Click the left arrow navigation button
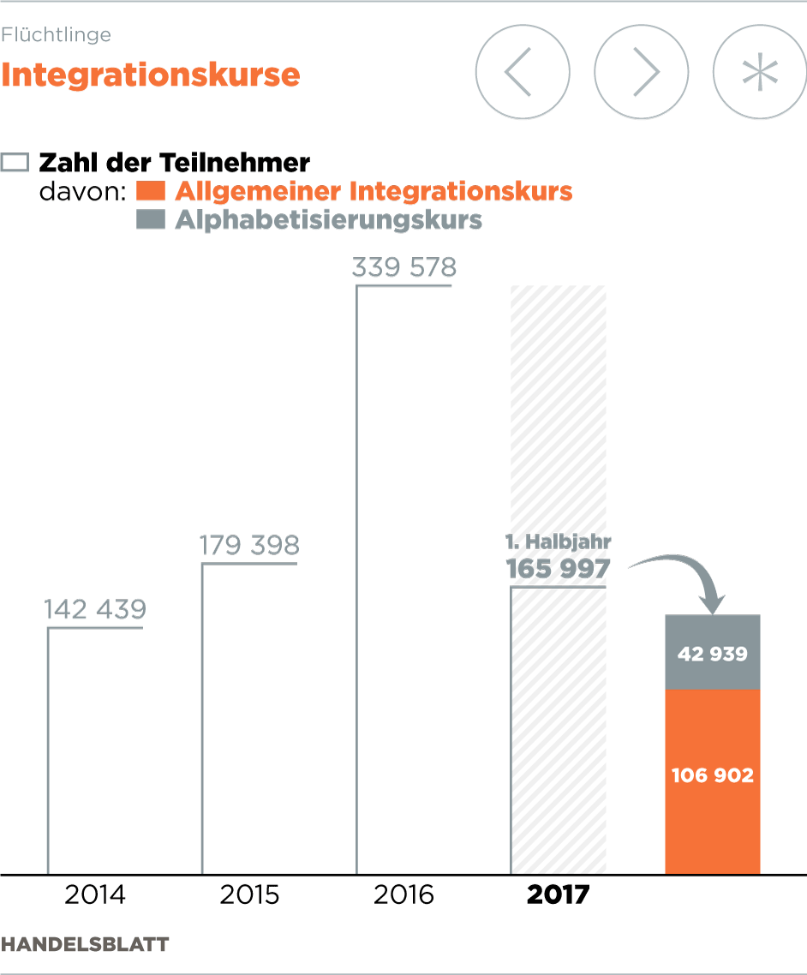click(x=522, y=72)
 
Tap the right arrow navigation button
click(x=641, y=72)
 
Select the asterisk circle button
click(x=759, y=72)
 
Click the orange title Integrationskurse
click(x=151, y=75)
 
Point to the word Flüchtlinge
click(x=57, y=35)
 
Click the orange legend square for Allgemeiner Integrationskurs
click(x=150, y=190)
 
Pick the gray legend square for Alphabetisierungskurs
click(x=150, y=219)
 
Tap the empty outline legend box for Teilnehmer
click(x=16, y=162)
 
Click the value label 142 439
click(x=95, y=609)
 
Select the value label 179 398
click(x=249, y=545)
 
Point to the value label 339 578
click(x=404, y=267)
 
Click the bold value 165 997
click(x=558, y=569)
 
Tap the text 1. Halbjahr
click(x=558, y=542)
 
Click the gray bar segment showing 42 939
click(x=713, y=654)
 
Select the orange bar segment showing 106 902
click(x=713, y=775)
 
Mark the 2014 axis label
click(x=95, y=895)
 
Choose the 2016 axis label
click(x=404, y=895)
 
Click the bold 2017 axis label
click(x=558, y=895)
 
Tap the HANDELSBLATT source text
click(x=85, y=944)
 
